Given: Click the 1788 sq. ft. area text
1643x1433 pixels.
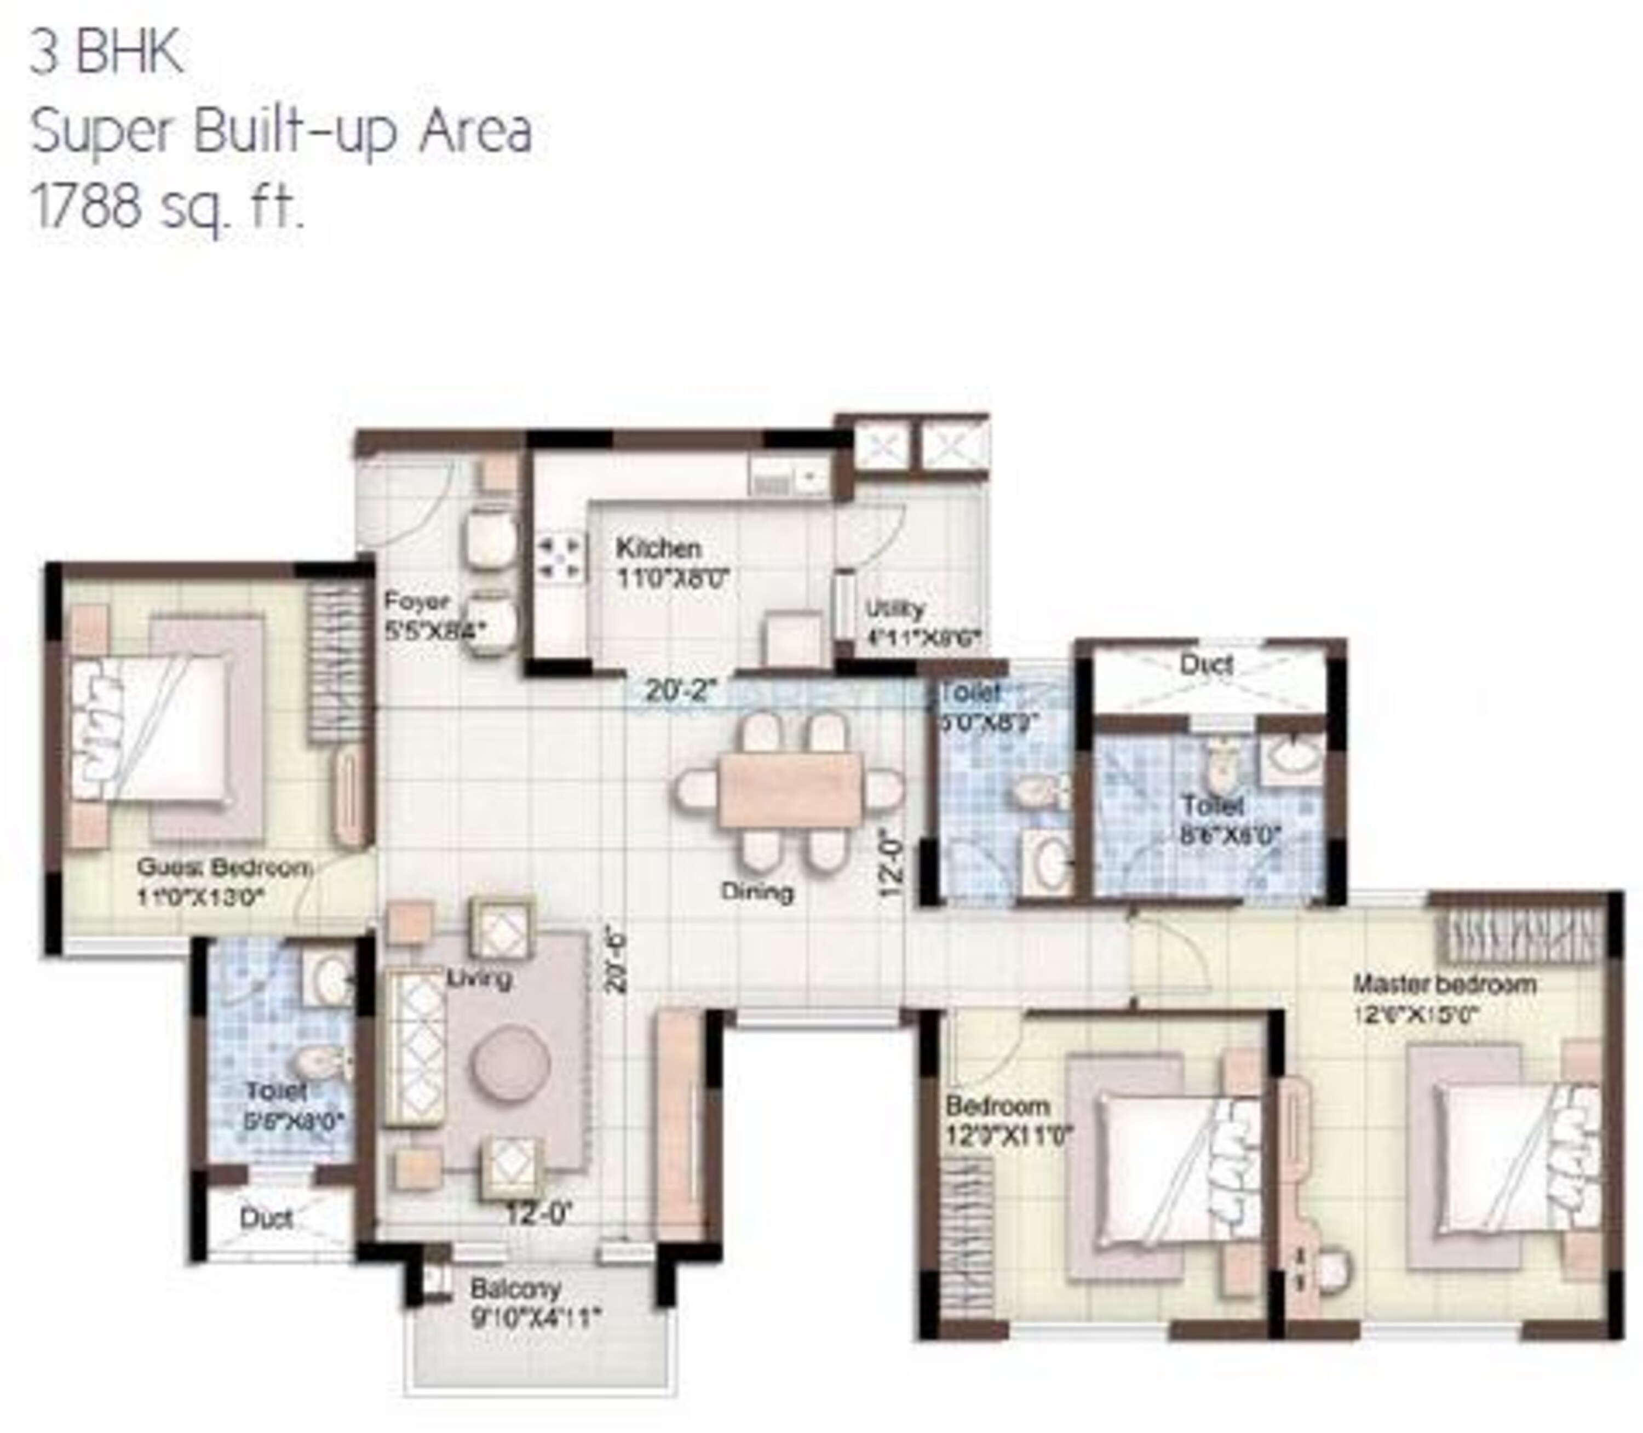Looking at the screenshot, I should (168, 207).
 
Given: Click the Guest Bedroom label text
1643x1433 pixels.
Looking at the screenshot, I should (224, 868).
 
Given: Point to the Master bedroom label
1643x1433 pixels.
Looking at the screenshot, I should (1444, 984).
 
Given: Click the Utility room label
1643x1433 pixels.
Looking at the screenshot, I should (895, 609).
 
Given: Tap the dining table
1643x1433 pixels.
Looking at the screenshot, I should (790, 789).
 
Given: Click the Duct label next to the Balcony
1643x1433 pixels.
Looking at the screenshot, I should (266, 1219).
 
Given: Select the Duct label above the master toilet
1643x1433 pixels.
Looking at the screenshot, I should (1207, 664).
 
